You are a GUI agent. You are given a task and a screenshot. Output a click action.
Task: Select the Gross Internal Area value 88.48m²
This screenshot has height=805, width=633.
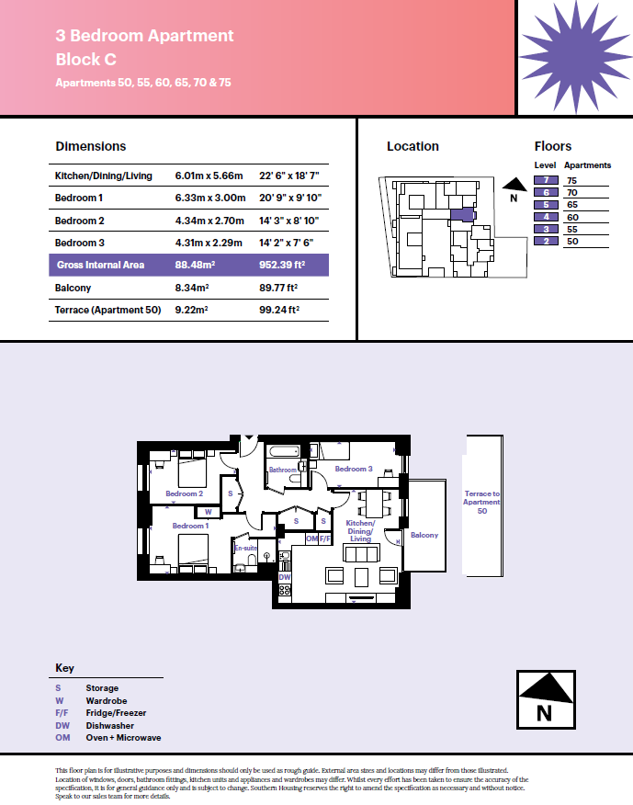click(195, 265)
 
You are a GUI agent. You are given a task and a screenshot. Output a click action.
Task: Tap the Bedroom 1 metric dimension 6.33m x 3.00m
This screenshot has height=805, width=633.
click(210, 198)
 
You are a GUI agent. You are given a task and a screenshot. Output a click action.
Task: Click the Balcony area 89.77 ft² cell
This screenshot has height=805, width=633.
click(278, 288)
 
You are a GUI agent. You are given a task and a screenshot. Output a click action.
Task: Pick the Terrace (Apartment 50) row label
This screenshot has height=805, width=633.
click(107, 310)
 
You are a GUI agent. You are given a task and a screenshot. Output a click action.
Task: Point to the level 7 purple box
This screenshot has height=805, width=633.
click(546, 180)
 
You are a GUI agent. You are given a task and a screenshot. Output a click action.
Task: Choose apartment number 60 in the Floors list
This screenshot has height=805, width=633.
click(572, 217)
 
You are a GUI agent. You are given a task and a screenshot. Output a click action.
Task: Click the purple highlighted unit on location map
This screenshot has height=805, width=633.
click(463, 215)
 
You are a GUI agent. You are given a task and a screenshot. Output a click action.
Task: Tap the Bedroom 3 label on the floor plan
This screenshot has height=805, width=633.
click(354, 469)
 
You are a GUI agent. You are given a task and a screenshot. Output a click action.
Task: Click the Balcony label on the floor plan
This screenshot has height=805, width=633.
click(424, 535)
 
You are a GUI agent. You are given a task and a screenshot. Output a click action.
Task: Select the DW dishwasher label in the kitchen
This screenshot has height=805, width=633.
click(285, 577)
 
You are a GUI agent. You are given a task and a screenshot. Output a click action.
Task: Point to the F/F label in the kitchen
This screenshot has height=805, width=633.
click(324, 539)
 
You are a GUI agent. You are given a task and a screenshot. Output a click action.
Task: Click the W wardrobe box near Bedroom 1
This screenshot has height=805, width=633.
click(208, 512)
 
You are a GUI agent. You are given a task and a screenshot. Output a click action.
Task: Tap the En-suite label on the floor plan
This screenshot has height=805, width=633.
click(245, 549)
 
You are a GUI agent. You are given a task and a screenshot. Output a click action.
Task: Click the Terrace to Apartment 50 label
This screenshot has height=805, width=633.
click(481, 502)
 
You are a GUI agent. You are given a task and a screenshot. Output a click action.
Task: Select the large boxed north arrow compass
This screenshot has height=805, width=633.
click(546, 699)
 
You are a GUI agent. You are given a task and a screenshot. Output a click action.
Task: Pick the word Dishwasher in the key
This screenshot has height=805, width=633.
click(110, 725)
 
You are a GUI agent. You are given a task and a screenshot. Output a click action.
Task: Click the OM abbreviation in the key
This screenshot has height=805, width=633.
click(62, 738)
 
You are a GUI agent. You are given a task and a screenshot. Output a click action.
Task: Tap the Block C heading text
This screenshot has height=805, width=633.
click(85, 60)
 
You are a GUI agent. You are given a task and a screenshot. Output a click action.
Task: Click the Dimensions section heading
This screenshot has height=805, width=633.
click(90, 146)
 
